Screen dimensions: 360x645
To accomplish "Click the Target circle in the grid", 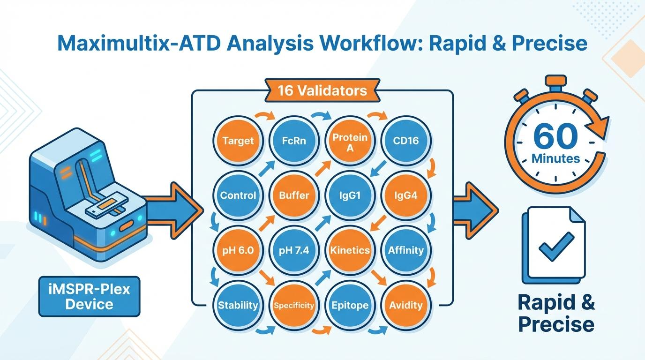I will pyautogui.click(x=238, y=141).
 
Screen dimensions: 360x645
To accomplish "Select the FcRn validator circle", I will pyautogui.click(x=294, y=141).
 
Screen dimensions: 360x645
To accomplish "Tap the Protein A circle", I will pyautogui.click(x=350, y=141).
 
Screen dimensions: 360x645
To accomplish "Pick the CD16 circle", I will pyautogui.click(x=406, y=141).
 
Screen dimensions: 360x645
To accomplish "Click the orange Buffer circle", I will pyautogui.click(x=294, y=195).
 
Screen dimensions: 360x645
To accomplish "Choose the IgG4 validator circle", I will pyautogui.click(x=406, y=195).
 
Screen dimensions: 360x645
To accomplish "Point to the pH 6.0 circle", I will pyautogui.click(x=238, y=250).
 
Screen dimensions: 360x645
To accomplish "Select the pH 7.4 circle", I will pyautogui.click(x=294, y=250).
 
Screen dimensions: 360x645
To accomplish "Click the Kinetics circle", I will pyautogui.click(x=350, y=250).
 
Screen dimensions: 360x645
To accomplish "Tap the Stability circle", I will pyautogui.click(x=238, y=305).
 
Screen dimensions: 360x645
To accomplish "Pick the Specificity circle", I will pyautogui.click(x=294, y=305).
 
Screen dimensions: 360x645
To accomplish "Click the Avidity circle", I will pyautogui.click(x=406, y=305).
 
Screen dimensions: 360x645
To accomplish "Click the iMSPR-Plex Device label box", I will pyautogui.click(x=90, y=296).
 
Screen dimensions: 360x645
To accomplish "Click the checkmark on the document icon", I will pyautogui.click(x=556, y=246).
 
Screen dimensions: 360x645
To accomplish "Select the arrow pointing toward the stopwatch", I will pyautogui.click(x=476, y=206).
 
